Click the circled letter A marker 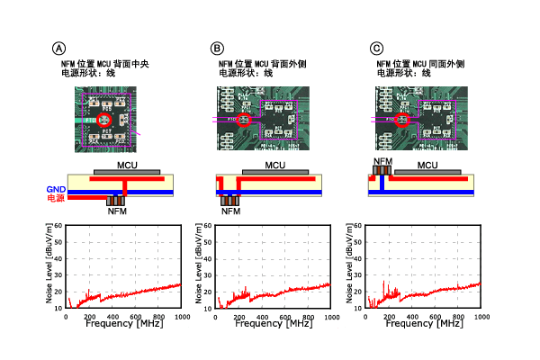pyautogui.click(x=60, y=48)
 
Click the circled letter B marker pyautogui.click(x=217, y=48)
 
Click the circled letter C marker pyautogui.click(x=376, y=48)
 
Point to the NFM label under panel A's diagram pyautogui.click(x=117, y=212)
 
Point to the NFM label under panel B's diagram pyautogui.click(x=231, y=212)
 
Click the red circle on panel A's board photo pyautogui.click(x=103, y=119)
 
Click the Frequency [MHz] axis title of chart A pyautogui.click(x=125, y=324)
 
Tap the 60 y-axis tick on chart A pyautogui.click(x=59, y=227)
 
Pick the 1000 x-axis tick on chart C pyautogui.click(x=480, y=315)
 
